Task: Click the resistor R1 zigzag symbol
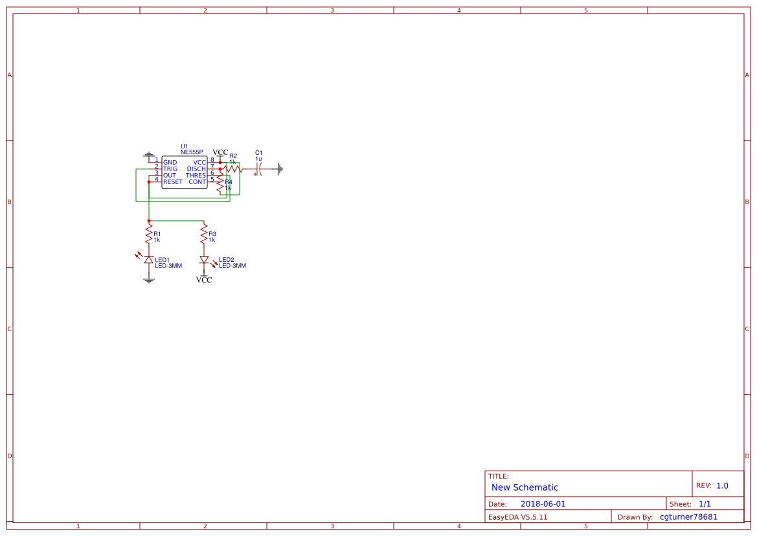pos(149,232)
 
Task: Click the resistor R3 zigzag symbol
pos(204,232)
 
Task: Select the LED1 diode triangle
pos(149,260)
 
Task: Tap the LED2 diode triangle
pos(204,260)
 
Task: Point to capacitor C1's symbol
pos(258,169)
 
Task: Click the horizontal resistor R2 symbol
pos(233,169)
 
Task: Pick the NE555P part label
pos(192,152)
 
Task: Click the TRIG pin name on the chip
pos(170,169)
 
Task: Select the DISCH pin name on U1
pos(196,169)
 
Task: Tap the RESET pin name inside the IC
pos(173,182)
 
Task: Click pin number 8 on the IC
pos(212,160)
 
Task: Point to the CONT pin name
pos(197,182)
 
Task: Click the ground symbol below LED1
pos(149,280)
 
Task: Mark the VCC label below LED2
pos(204,280)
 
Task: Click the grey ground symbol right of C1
pos(280,169)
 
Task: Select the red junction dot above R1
pos(149,221)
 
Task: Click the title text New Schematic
pos(525,487)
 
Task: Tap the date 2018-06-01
pos(543,504)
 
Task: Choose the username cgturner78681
pos(688,517)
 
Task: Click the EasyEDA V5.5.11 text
pos(517,517)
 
